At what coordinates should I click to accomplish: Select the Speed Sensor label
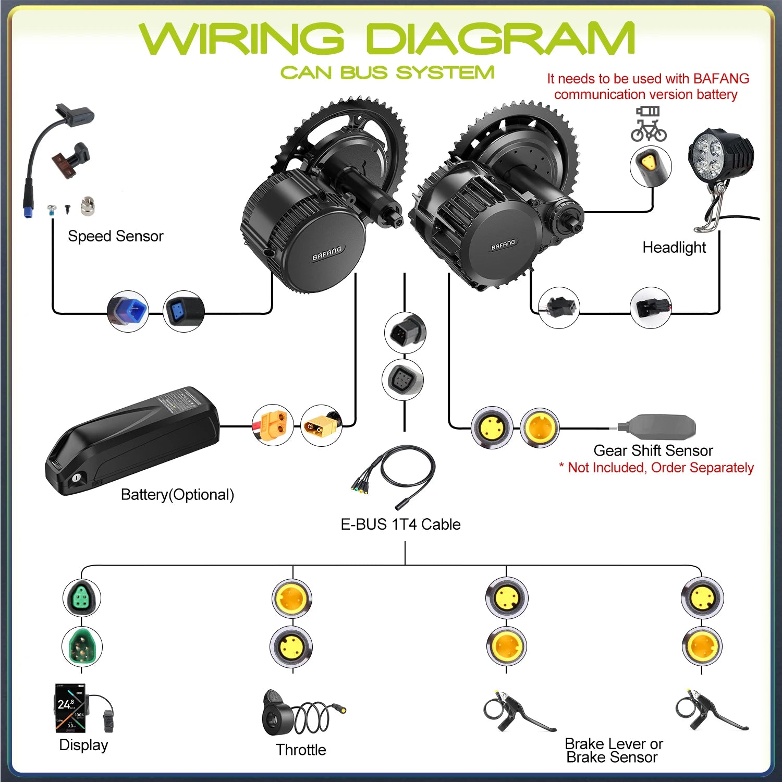point(115,236)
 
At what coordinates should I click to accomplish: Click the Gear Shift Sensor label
point(653,450)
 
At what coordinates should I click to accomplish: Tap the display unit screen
point(70,707)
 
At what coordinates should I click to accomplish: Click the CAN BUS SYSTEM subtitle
point(387,72)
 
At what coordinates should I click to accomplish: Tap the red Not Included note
point(656,468)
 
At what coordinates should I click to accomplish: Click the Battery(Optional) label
point(177,494)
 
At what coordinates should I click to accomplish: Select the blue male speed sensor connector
point(128,312)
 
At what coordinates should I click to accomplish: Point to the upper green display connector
point(82,597)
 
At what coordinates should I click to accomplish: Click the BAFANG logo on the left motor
point(327,253)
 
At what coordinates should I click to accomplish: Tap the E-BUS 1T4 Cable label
point(400,524)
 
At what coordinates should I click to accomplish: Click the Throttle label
point(301,750)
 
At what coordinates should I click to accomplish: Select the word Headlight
point(674,247)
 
